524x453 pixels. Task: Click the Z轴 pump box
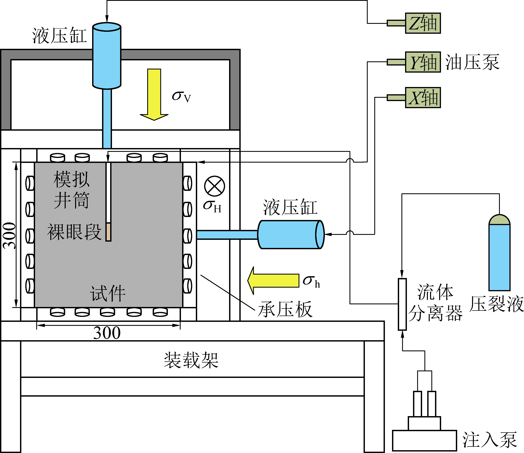(x=423, y=23)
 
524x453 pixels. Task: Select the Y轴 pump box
(x=423, y=62)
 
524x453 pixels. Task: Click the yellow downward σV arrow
(x=154, y=94)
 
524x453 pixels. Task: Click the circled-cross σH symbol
(x=215, y=186)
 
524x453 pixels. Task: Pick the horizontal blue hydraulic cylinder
(x=291, y=235)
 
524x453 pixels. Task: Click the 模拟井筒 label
(x=72, y=190)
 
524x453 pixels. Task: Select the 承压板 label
(x=285, y=309)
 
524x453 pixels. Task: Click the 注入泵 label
(x=489, y=440)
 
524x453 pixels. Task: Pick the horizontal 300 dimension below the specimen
(x=107, y=333)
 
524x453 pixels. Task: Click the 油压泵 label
(x=472, y=62)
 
